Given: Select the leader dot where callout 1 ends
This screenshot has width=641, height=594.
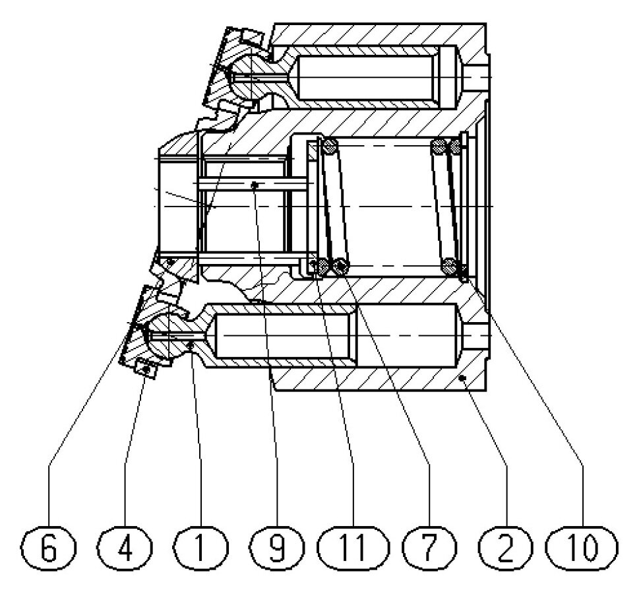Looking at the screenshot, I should pos(189,343).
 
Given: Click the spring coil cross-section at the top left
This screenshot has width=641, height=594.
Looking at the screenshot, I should pos(329,145).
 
